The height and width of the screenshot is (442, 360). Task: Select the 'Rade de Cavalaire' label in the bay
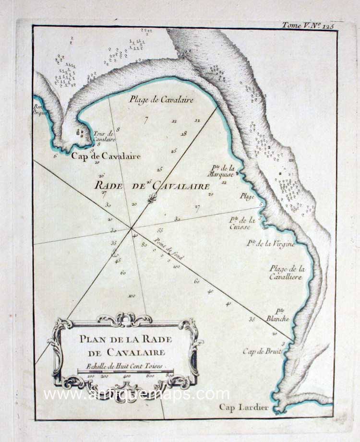click(x=152, y=185)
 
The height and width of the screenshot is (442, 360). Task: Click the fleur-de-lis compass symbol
click(x=152, y=199)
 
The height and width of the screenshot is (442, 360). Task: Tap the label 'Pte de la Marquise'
click(x=223, y=171)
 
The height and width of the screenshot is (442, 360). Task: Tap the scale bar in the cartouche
click(x=126, y=370)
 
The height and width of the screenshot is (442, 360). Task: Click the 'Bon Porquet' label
click(x=38, y=111)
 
